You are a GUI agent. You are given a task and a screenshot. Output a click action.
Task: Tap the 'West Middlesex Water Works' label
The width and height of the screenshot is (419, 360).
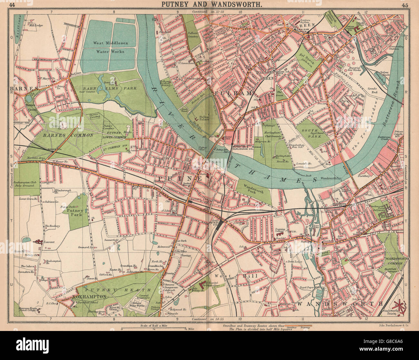tap(109, 47)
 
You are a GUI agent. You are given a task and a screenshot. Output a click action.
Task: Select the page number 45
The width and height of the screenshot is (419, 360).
tap(405, 5)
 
